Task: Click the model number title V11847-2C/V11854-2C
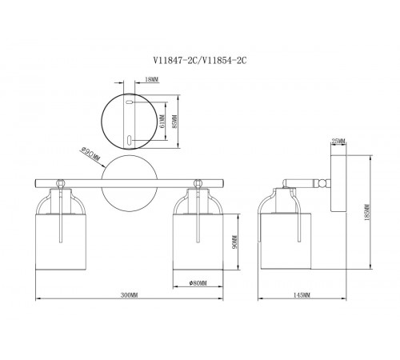(x=199, y=61)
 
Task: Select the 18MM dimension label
(x=151, y=79)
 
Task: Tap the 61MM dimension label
(x=162, y=122)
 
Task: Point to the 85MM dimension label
(x=174, y=122)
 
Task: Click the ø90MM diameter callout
(x=90, y=154)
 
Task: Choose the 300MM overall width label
(x=130, y=295)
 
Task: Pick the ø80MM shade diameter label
(x=198, y=283)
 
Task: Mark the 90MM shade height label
(x=234, y=242)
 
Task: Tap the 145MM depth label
(x=302, y=295)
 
